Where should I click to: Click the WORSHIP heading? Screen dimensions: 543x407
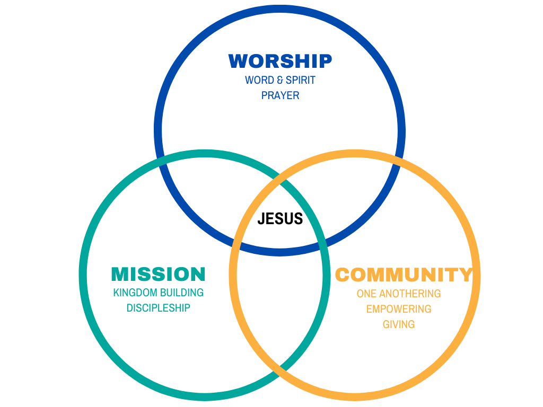pos(280,61)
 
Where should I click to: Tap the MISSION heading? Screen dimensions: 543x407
pos(158,274)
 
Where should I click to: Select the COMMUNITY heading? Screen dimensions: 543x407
pos(404,275)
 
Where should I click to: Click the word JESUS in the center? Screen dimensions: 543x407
pos(280,218)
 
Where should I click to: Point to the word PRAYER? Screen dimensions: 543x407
pos(280,95)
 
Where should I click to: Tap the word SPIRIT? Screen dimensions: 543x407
pos(301,80)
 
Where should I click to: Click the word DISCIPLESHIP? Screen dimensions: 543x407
pos(158,308)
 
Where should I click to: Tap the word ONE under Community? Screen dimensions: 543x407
pos(367,294)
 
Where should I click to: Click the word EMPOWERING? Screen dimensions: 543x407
pos(399,309)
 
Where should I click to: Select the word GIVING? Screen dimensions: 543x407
pos(399,324)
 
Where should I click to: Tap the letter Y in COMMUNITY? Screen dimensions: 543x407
pos(465,275)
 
